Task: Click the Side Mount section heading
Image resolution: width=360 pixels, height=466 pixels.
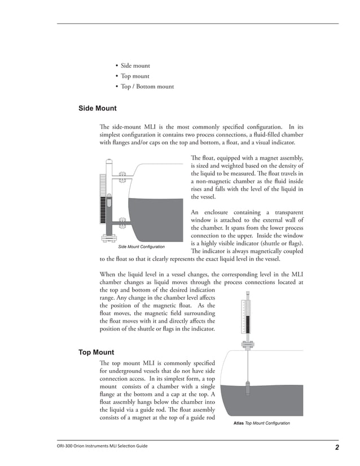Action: tap(97, 108)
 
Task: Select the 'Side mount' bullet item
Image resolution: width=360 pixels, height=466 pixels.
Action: tap(135, 65)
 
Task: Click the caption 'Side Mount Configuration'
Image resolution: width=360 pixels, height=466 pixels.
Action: tap(141, 247)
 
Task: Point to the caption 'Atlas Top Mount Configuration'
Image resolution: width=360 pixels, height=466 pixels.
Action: tap(261, 423)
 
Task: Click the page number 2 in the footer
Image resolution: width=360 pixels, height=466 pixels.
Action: tap(336, 448)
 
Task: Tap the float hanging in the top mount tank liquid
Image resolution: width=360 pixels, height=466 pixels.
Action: tap(248, 390)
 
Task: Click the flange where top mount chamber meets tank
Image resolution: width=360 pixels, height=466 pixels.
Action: tap(248, 346)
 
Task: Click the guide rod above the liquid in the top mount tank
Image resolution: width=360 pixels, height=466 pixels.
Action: tap(248, 367)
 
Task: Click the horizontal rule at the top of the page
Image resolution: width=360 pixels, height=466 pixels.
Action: tap(197, 23)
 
